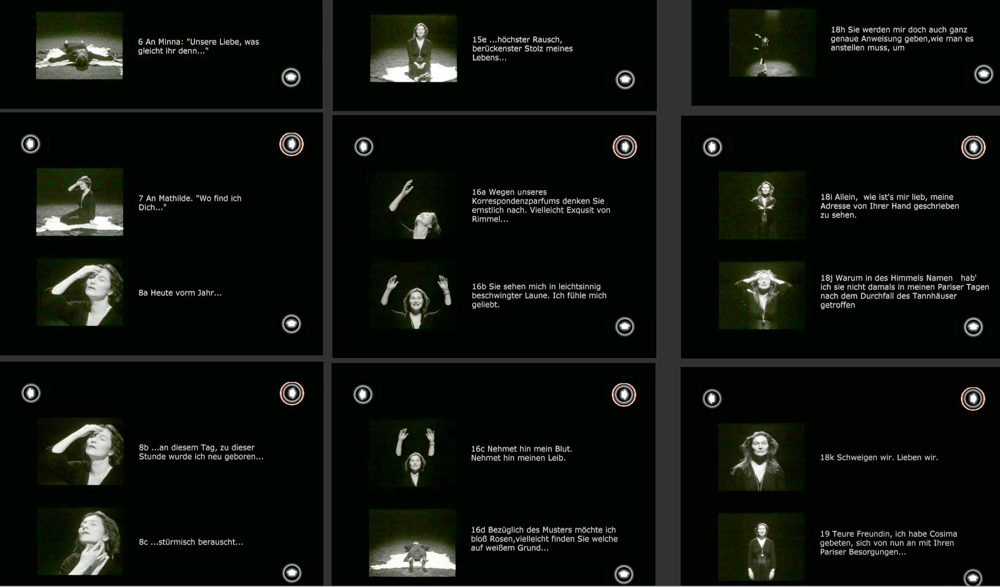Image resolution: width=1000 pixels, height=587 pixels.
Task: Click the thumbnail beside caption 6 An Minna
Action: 79,46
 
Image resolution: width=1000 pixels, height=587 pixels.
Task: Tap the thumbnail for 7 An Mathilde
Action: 80,202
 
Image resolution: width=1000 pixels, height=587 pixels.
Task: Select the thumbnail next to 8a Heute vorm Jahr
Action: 80,292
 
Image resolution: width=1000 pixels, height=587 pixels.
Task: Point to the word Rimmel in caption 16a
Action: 487,219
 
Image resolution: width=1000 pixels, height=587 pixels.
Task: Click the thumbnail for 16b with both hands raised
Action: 413,296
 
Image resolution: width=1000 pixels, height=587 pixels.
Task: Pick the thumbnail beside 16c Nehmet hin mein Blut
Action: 412,453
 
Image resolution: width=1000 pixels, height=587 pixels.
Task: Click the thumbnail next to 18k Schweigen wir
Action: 762,457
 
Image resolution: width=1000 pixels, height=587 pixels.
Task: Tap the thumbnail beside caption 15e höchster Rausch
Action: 413,49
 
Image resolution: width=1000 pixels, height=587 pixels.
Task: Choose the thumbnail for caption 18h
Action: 772,43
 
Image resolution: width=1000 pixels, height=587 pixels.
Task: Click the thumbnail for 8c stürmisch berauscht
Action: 80,541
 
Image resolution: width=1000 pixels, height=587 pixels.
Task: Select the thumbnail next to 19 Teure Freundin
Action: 762,547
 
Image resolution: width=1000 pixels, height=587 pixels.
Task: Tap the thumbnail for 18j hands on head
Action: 762,296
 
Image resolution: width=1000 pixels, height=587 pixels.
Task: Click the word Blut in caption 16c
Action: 561,449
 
